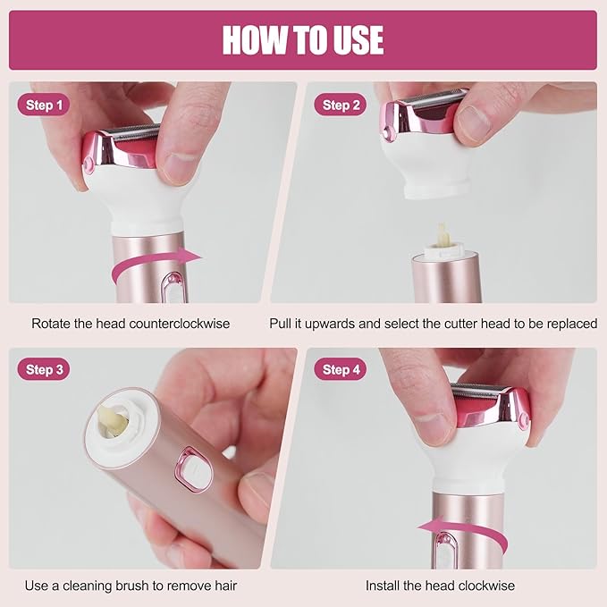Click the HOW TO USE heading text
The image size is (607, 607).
[303, 40]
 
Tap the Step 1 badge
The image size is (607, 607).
[44, 105]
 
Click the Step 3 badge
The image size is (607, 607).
[44, 369]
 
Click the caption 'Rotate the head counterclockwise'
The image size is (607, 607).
[131, 323]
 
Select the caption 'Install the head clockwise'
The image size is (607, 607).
[440, 586]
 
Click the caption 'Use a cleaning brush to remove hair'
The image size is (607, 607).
[131, 586]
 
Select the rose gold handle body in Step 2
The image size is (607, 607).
[446, 282]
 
